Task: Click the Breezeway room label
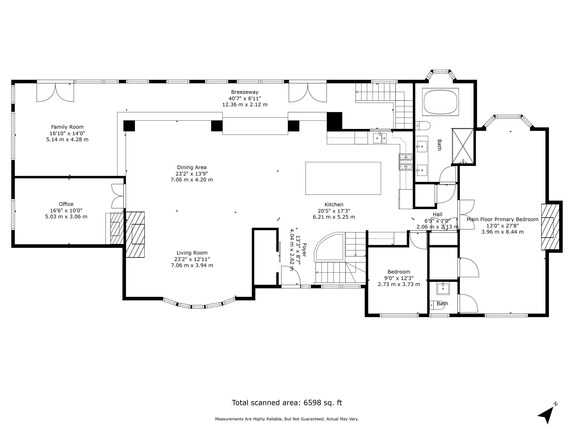tap(245, 92)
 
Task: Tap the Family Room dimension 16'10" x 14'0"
tap(67, 133)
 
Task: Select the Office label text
tap(66, 204)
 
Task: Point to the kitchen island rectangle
tap(343, 178)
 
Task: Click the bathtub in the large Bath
tap(440, 102)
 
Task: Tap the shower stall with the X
tap(463, 146)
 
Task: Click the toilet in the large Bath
tap(422, 126)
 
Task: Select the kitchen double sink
tap(380, 138)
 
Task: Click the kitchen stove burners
tap(406, 162)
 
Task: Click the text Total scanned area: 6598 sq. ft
tap(287, 403)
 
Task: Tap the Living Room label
tap(192, 253)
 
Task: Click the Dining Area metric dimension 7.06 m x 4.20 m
tap(191, 180)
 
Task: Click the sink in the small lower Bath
tap(443, 289)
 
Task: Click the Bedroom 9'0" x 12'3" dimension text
tap(399, 278)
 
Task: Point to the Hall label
tap(438, 214)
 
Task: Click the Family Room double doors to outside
tap(55, 92)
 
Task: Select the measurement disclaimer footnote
tap(287, 419)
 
